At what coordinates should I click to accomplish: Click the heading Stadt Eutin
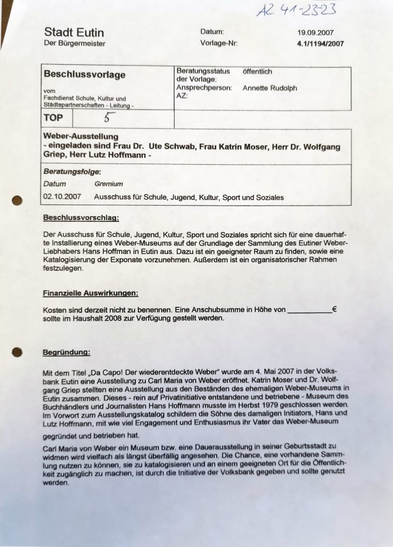[74, 32]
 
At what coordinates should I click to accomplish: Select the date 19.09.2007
[316, 32]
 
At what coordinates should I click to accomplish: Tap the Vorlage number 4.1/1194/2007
[320, 44]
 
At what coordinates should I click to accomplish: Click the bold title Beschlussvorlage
[85, 74]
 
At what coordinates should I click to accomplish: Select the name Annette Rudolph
[270, 88]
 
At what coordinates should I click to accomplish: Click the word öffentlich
[257, 71]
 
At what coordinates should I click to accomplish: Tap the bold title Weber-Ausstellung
[81, 136]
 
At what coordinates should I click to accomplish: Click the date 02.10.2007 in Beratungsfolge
[62, 197]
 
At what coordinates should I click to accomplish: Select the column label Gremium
[109, 184]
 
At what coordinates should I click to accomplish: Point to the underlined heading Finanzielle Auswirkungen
[90, 293]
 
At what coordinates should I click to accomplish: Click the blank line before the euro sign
[309, 310]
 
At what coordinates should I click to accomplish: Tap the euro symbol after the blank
[334, 309]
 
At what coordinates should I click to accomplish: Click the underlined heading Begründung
[66, 353]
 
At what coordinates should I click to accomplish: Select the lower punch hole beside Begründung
[17, 352]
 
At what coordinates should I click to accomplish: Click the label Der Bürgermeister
[74, 44]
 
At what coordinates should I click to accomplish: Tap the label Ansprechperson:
[204, 88]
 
